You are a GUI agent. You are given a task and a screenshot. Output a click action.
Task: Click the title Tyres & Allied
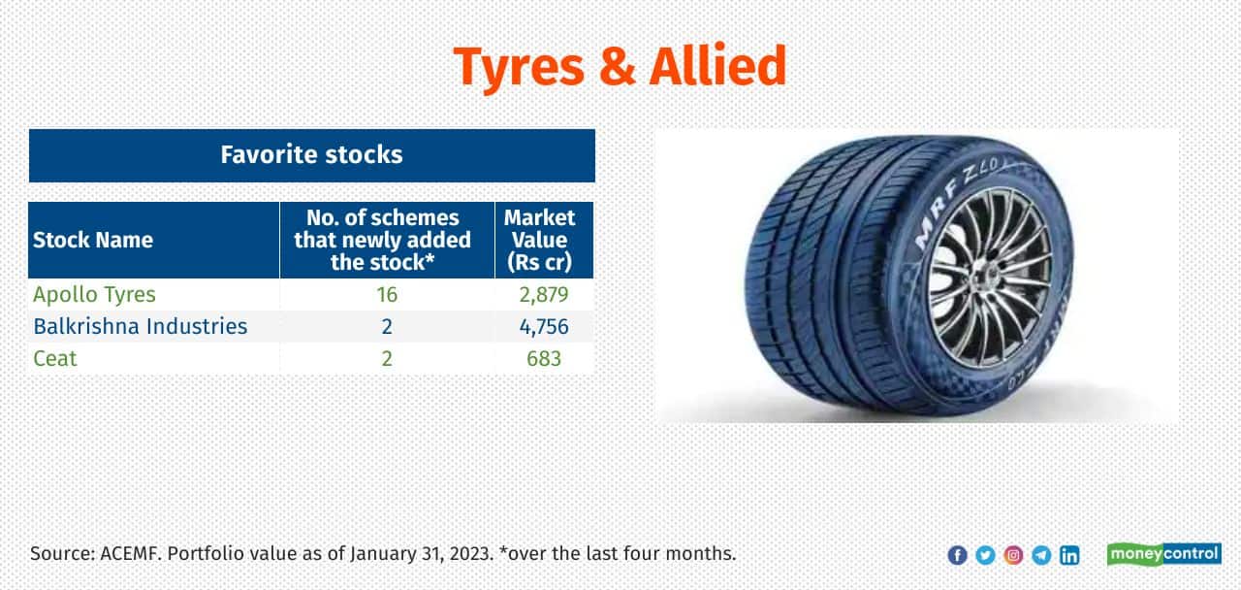coord(620,68)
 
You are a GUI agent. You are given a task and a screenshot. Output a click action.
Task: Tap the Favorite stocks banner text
coord(311,154)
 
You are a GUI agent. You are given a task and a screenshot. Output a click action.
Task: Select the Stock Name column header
coord(92,240)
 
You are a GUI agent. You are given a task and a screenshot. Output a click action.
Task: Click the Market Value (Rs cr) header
coord(539,240)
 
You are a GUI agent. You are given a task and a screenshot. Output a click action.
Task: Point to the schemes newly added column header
coord(382,240)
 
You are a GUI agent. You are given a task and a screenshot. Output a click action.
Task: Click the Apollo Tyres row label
coord(94,294)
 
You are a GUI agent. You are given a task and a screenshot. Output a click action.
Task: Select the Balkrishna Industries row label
coord(141,327)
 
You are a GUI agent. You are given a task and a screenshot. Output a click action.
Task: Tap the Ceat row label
coord(55,359)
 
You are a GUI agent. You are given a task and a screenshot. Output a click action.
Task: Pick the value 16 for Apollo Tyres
coord(387,294)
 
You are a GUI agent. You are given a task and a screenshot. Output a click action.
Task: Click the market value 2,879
coord(544,294)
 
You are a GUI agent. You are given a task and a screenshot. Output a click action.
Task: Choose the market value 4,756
coord(544,327)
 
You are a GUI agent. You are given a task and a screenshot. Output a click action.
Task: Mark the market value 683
coord(544,359)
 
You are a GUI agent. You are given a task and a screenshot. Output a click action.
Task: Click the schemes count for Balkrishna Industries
coord(387,327)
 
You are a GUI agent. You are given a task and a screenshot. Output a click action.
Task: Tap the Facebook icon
coord(957,555)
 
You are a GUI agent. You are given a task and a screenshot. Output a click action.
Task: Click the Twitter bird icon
coord(986,555)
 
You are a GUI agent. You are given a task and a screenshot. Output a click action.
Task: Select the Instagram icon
coord(1013,555)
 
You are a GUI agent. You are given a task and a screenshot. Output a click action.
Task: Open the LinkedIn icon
coord(1069,555)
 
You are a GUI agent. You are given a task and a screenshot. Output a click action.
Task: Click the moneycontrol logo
coord(1164,554)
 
